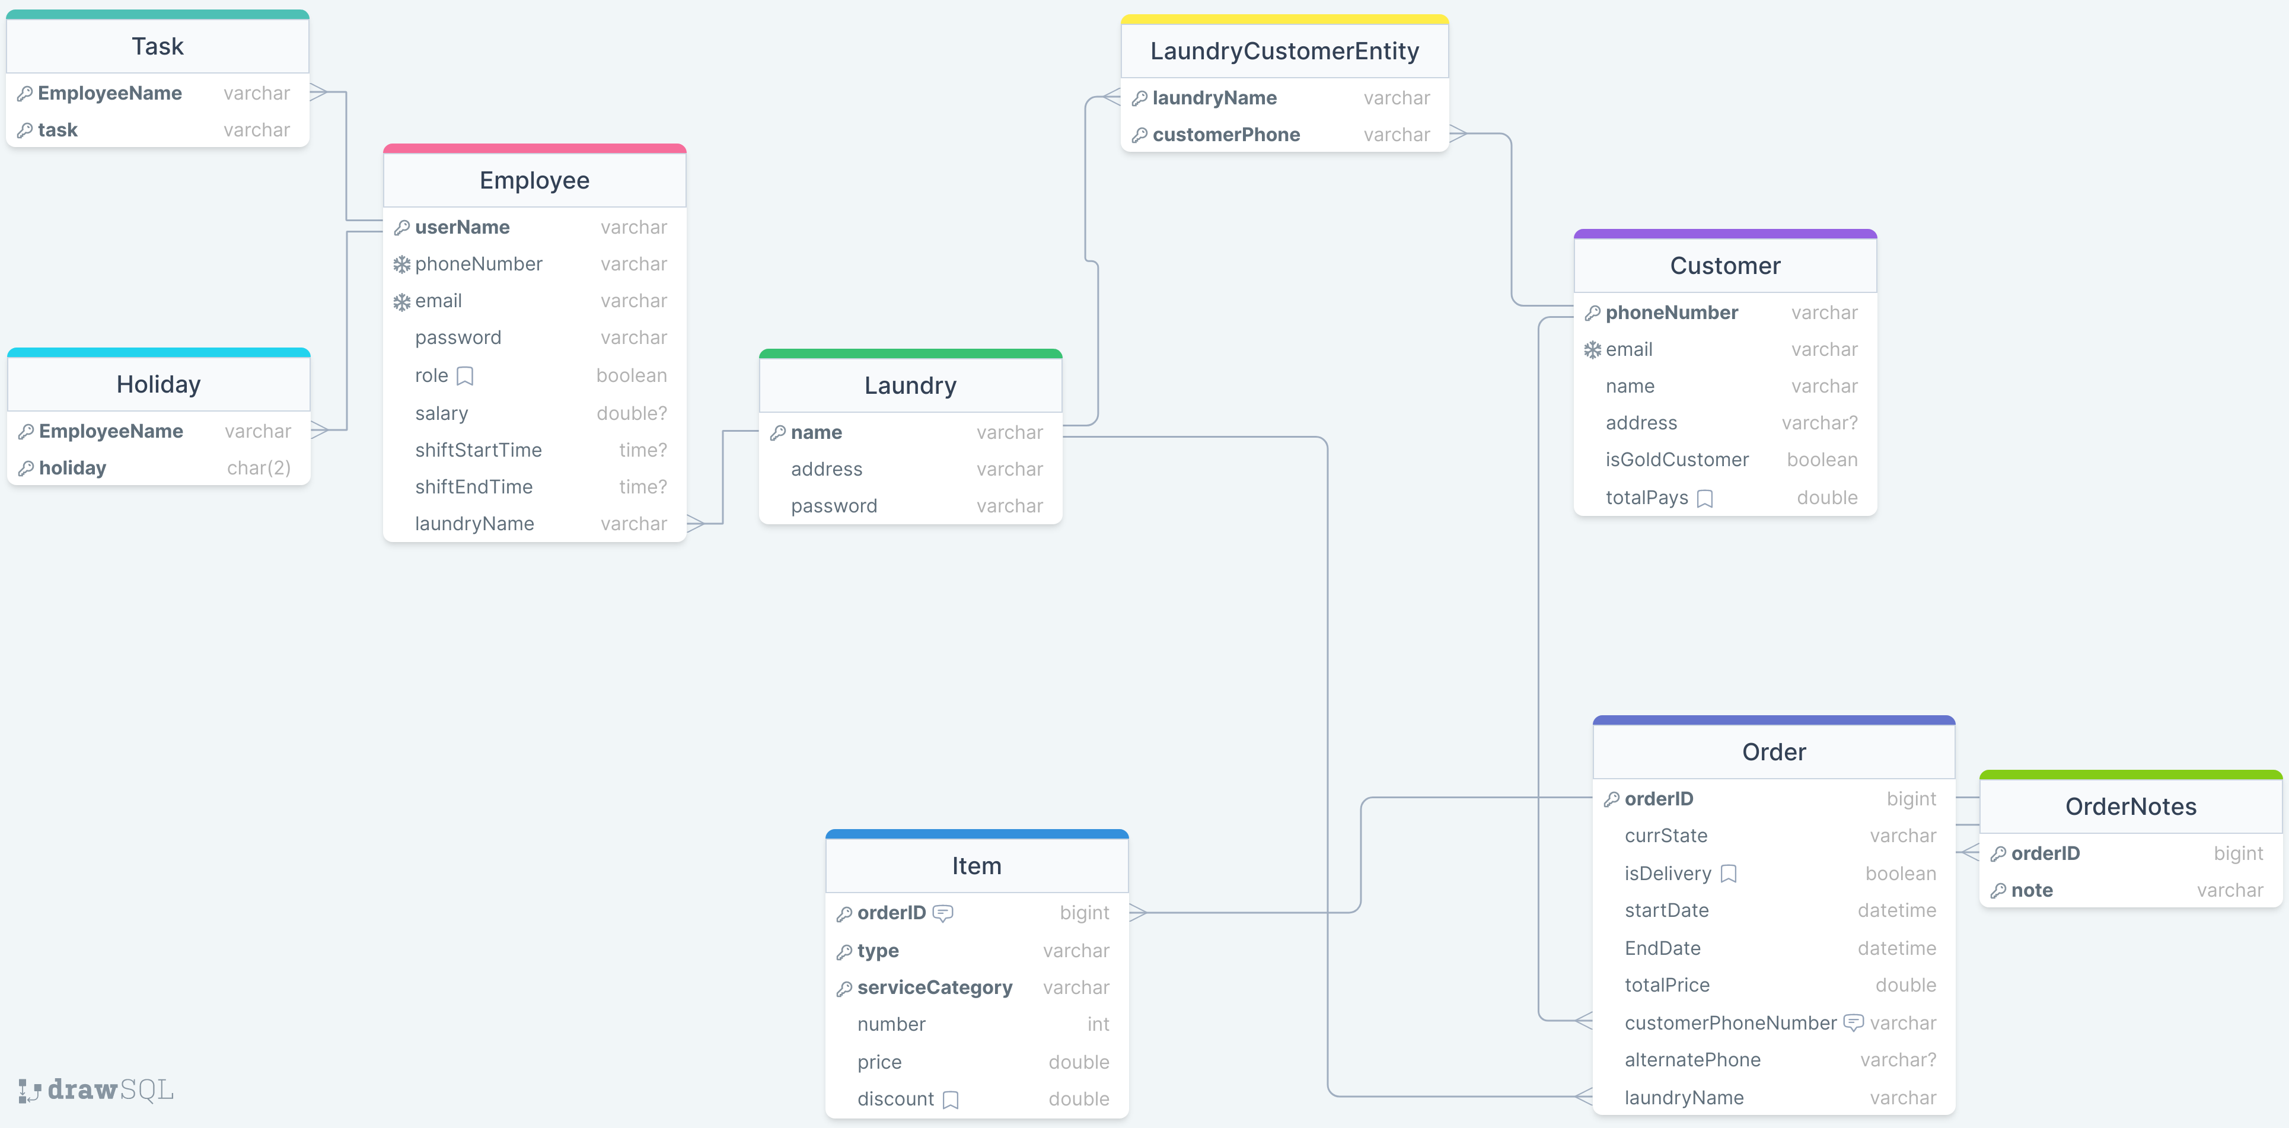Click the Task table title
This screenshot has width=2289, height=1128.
157,46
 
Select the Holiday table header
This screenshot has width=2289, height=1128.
158,384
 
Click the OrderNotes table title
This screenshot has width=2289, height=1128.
2130,806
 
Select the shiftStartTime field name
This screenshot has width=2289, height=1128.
478,450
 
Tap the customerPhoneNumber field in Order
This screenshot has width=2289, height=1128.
1729,1023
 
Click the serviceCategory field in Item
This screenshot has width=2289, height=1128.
934,987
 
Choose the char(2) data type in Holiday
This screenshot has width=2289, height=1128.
259,467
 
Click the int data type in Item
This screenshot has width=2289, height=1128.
1098,1024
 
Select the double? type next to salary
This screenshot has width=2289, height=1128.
631,413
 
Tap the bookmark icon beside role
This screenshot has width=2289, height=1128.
465,376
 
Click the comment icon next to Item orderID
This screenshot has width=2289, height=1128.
943,913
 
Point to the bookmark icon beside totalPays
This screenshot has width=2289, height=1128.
1704,499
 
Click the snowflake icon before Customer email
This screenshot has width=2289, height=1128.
1592,350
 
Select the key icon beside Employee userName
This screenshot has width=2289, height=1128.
401,228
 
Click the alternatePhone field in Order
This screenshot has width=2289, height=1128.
1692,1060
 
